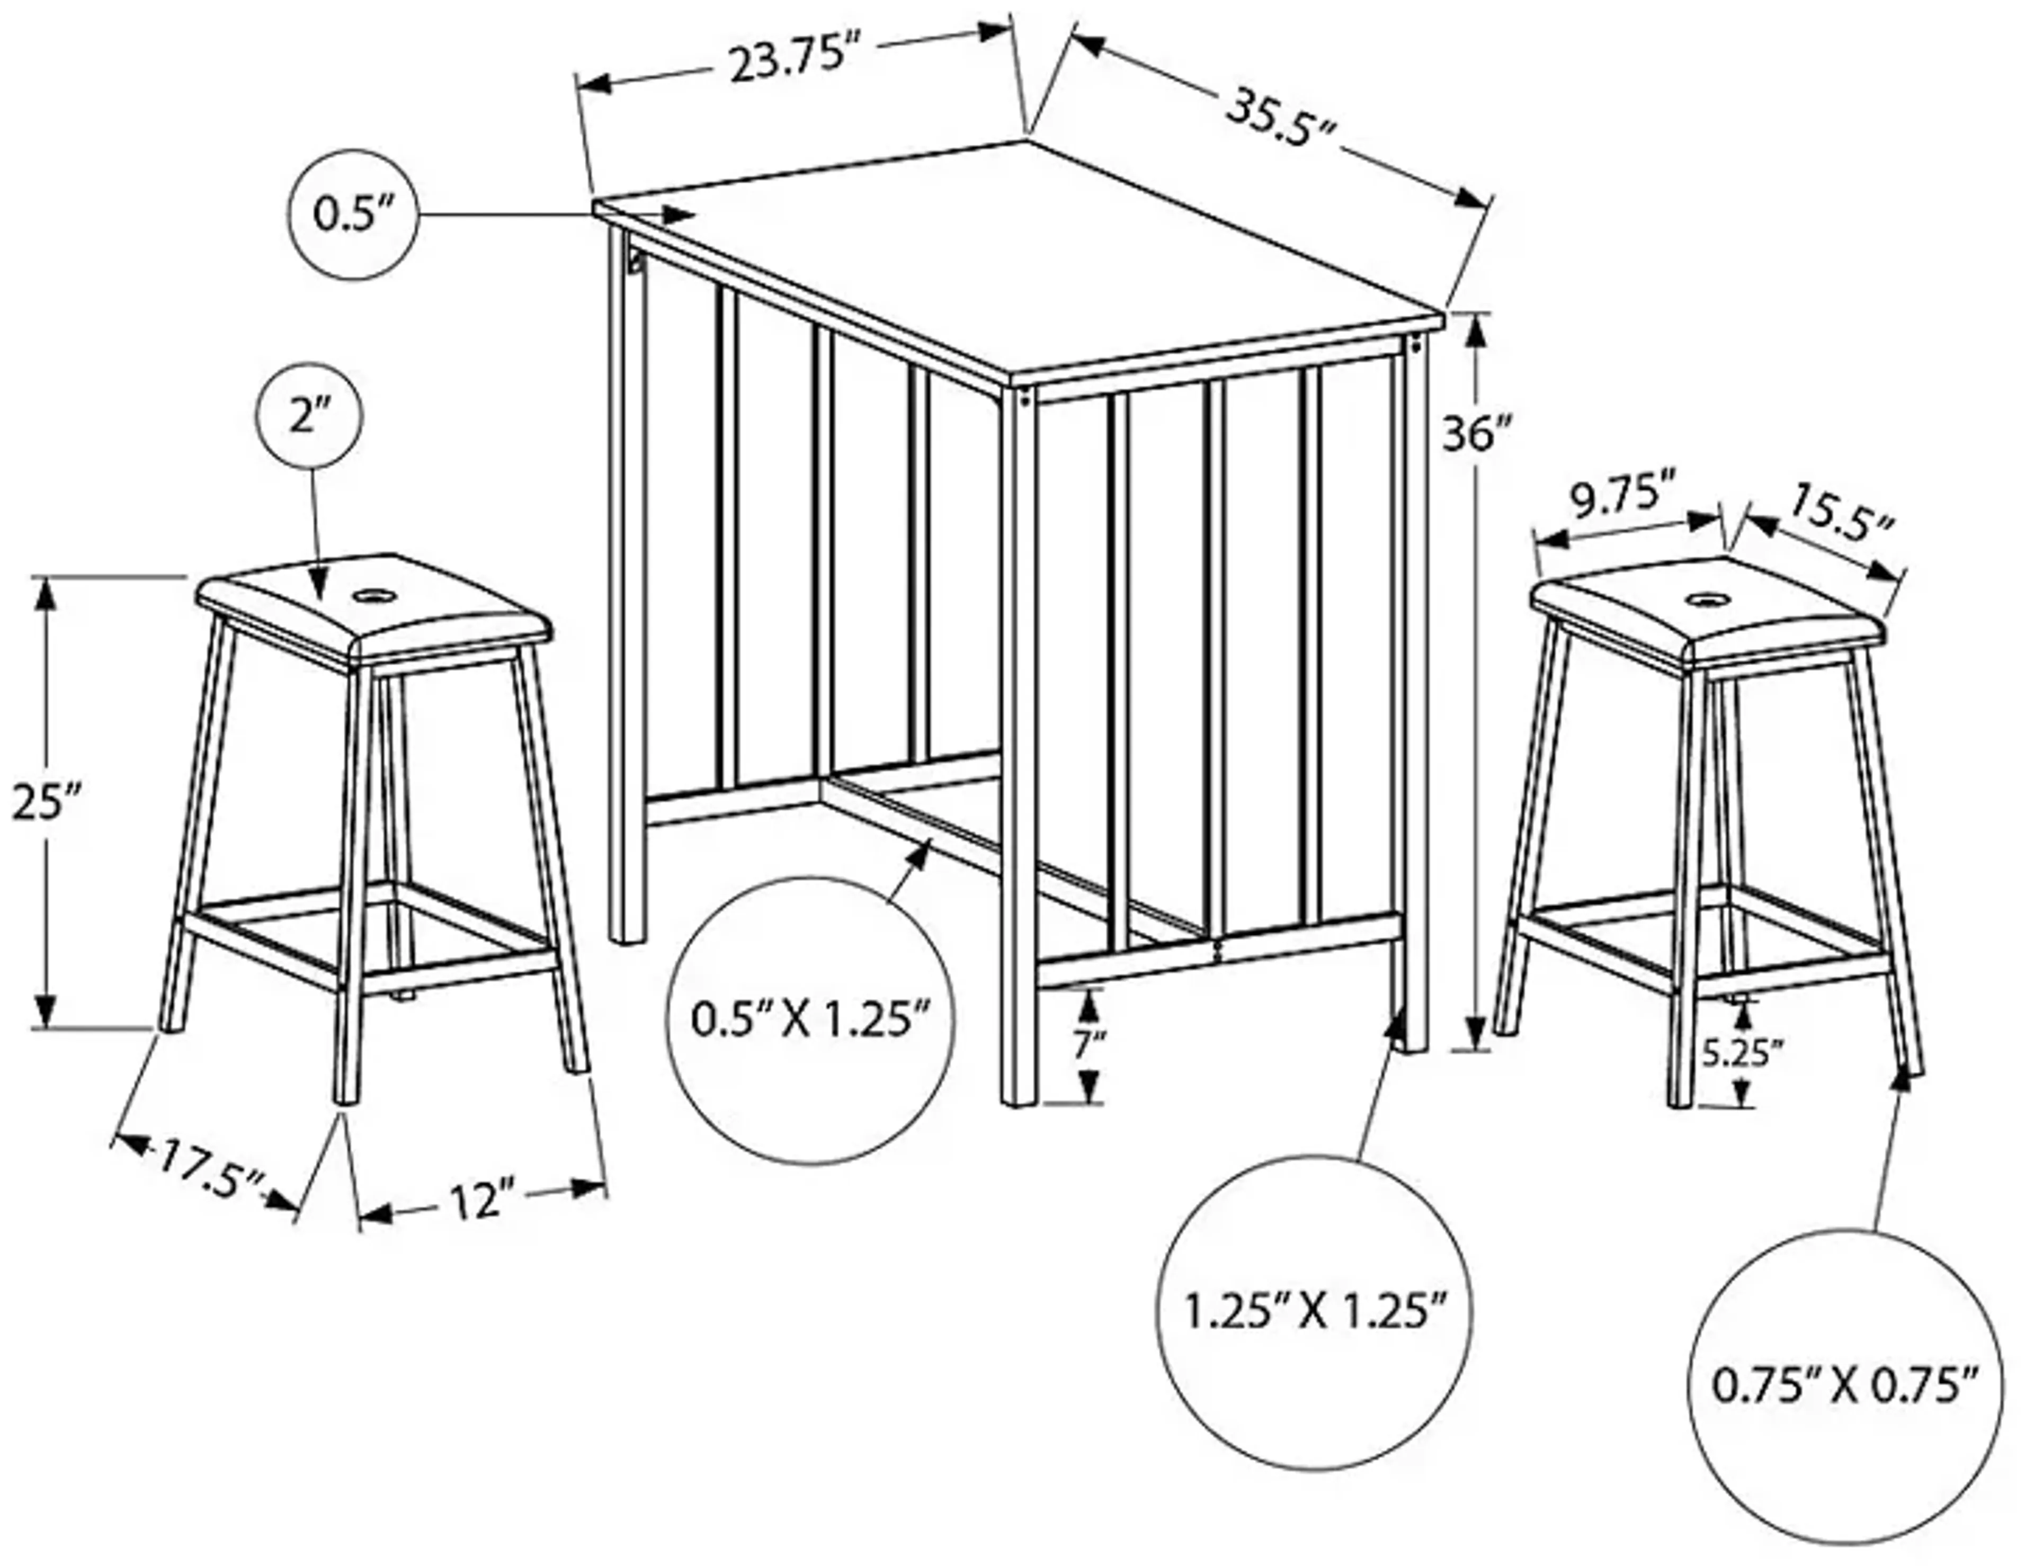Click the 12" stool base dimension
(481, 1201)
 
